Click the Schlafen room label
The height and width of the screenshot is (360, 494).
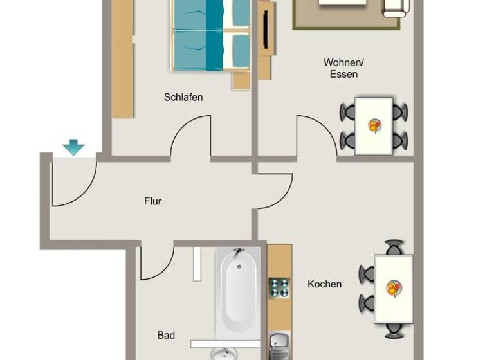pyautogui.click(x=183, y=98)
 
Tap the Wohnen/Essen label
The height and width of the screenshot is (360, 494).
pyautogui.click(x=343, y=68)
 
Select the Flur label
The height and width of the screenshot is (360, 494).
pyautogui.click(x=152, y=201)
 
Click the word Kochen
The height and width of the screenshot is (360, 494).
pyautogui.click(x=324, y=284)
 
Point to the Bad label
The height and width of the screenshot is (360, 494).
pyautogui.click(x=166, y=335)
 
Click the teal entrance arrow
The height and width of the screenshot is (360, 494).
pyautogui.click(x=73, y=147)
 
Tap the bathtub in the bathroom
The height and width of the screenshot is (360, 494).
pyautogui.click(x=237, y=292)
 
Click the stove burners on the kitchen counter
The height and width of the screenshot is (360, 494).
pyautogui.click(x=279, y=287)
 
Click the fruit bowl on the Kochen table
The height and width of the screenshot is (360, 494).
pyautogui.click(x=394, y=288)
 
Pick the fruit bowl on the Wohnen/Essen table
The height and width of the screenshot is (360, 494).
pyautogui.click(x=374, y=125)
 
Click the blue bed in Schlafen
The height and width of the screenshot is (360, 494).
pyautogui.click(x=210, y=35)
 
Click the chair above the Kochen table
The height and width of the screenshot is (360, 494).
pyautogui.click(x=394, y=248)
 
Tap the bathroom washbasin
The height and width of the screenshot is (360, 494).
pyautogui.click(x=224, y=353)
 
